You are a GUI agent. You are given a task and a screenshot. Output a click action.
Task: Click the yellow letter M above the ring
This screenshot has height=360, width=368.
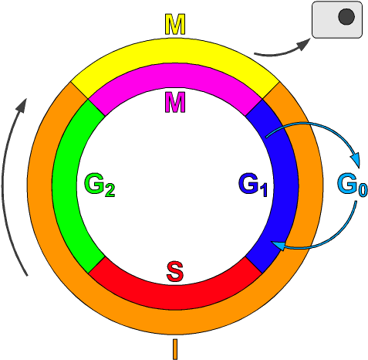pos(176,25)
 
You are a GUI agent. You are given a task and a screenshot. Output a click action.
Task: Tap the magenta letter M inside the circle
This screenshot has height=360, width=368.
pos(175,100)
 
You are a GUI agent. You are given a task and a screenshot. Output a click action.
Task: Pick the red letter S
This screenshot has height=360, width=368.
pos(175,272)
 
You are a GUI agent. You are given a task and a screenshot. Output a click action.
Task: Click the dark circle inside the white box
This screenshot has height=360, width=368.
pos(346,16)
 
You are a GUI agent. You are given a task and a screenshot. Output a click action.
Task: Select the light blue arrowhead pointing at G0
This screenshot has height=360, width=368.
pos(356,161)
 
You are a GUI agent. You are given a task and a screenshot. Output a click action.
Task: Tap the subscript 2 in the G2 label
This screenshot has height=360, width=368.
pos(110,190)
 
